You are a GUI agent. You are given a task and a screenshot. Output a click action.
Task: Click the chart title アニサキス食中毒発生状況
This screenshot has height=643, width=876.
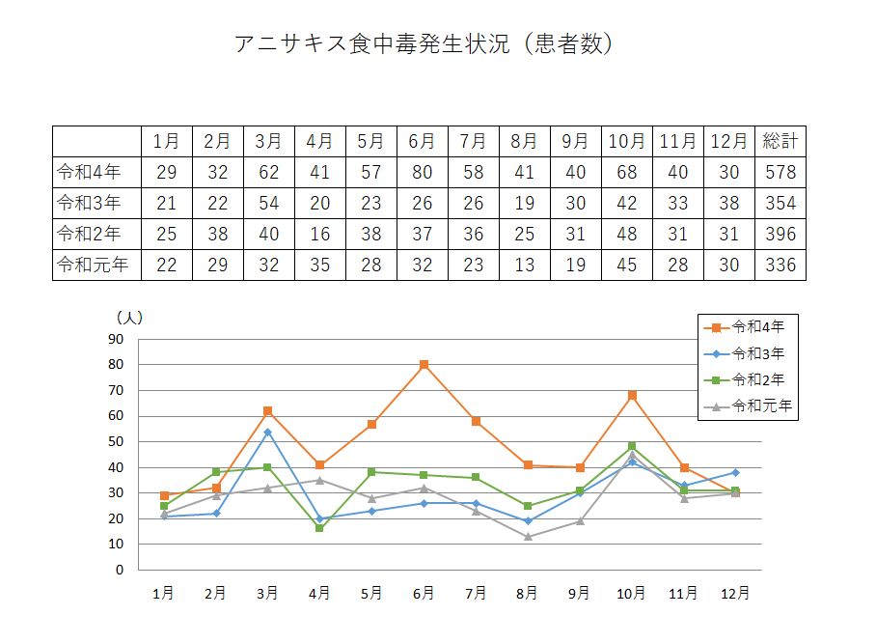[x=424, y=44]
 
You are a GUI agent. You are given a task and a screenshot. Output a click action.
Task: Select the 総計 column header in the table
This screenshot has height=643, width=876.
[x=780, y=141]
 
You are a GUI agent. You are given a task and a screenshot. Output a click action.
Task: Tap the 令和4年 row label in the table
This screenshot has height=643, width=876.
[x=89, y=173]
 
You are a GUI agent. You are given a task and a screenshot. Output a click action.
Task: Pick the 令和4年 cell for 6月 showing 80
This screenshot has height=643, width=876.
[x=422, y=173]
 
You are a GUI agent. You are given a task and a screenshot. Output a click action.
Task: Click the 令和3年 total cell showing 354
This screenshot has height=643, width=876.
[x=780, y=203]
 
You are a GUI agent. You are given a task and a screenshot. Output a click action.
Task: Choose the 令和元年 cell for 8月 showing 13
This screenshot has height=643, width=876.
[x=524, y=265]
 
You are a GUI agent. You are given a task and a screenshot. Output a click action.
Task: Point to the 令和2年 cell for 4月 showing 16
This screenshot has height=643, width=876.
[x=319, y=234]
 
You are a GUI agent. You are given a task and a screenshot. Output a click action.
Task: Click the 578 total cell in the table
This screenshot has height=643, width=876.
[x=780, y=173]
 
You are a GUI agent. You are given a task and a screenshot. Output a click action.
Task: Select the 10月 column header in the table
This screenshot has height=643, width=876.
[x=626, y=141]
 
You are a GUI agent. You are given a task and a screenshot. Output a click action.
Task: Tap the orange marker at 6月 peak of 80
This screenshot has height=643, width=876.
[x=424, y=365]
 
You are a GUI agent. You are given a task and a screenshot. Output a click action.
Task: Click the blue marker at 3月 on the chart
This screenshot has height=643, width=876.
[x=268, y=432]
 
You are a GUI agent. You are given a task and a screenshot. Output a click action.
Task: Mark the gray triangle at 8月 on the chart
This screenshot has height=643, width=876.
[x=528, y=536]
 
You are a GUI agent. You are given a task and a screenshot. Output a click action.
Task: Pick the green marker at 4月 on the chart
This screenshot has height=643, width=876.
[x=319, y=528]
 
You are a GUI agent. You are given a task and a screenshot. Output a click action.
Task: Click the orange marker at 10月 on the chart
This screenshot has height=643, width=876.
[x=632, y=396]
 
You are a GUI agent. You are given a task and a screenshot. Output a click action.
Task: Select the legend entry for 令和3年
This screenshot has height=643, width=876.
[x=758, y=353]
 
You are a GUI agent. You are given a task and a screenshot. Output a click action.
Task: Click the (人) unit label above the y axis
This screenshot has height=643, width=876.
[x=129, y=317]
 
